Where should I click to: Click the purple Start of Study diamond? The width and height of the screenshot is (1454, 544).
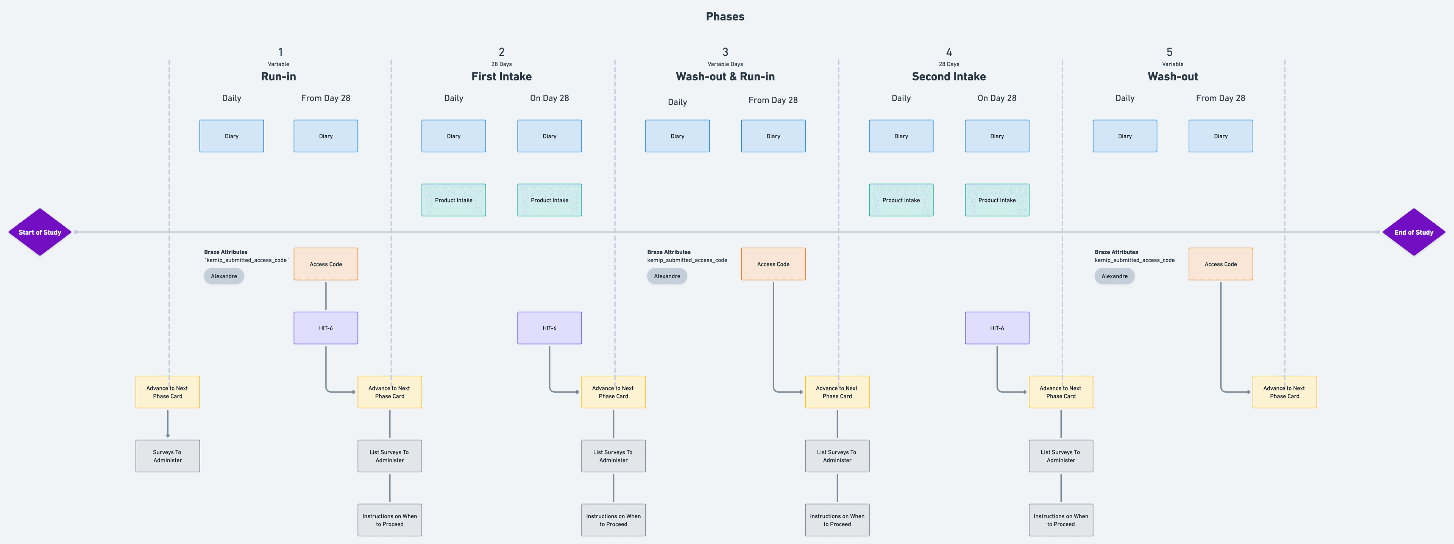tap(39, 232)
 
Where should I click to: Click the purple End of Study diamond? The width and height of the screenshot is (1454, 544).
tap(1413, 232)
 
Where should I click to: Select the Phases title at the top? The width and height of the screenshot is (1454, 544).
tap(725, 16)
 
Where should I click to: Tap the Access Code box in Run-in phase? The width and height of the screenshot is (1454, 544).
tap(326, 264)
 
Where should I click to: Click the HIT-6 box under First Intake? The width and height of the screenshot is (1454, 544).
tap(549, 328)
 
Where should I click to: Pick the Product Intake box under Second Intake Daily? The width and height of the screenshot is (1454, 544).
tap(901, 200)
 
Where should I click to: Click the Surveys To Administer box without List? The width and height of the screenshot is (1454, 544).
tap(168, 456)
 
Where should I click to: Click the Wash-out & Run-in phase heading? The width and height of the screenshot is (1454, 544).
tap(725, 76)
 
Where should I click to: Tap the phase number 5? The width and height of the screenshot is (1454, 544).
tap(1169, 52)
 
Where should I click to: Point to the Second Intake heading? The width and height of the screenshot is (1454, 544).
tap(948, 76)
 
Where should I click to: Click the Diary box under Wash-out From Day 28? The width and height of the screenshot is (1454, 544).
tap(1220, 136)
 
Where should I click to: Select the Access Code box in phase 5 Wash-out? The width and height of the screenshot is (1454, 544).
tap(1220, 264)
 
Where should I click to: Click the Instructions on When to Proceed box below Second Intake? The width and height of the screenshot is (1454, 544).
tap(1061, 520)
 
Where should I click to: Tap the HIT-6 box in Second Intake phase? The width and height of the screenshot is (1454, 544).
tap(997, 328)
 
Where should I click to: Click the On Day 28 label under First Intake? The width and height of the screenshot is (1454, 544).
tap(549, 98)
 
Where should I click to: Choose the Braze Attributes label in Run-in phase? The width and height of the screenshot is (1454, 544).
tap(226, 252)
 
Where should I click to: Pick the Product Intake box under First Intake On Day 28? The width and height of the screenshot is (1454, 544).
tap(549, 200)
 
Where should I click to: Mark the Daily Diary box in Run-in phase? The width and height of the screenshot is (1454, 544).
tap(231, 136)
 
